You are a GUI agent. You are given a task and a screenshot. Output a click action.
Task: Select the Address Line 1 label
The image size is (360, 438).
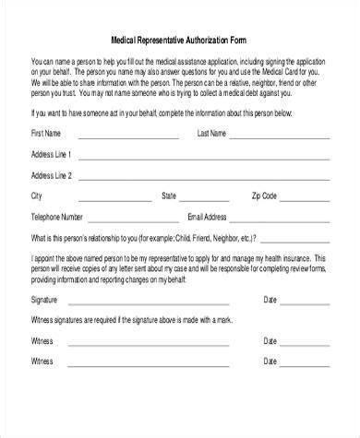pos(54,154)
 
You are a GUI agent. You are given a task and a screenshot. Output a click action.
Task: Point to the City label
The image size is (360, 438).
pos(37,196)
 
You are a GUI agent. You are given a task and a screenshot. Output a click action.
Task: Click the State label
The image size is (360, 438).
pos(170,196)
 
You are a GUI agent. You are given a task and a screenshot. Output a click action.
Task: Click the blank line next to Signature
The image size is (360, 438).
pos(157,302)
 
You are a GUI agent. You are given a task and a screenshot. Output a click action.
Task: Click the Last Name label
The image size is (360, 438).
pos(212,133)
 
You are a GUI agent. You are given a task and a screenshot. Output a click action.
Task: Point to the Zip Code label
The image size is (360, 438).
pos(263,196)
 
